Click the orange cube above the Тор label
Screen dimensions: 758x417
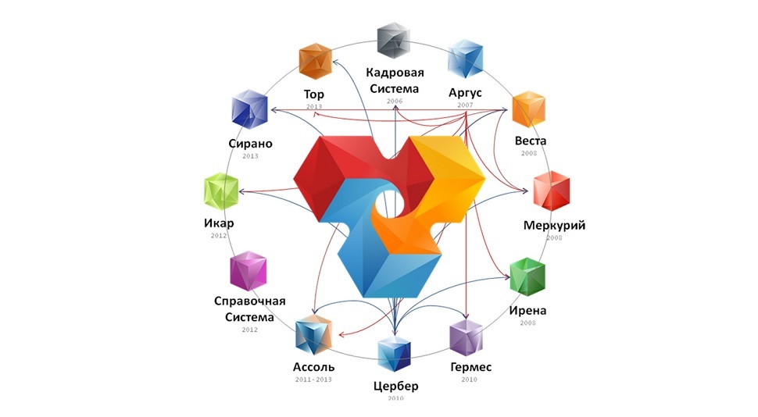[315, 62]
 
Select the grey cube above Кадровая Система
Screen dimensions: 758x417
[394, 41]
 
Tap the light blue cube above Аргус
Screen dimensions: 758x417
[466, 59]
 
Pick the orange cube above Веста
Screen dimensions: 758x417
[529, 109]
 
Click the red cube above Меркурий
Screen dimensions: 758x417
[552, 191]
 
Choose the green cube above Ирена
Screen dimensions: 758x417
[528, 277]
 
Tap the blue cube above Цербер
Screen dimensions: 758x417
[394, 355]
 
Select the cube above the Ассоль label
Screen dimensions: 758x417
[313, 335]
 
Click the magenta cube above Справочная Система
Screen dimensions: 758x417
[248, 271]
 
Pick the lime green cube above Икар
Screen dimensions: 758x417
[221, 191]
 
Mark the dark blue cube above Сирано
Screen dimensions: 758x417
[250, 109]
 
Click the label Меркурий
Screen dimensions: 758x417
[554, 226]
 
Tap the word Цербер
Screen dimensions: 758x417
[396, 387]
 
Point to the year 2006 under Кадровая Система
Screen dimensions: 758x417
[395, 102]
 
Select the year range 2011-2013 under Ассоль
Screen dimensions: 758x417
[313, 380]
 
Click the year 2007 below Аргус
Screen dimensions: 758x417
[465, 105]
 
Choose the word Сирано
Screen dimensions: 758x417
[250, 144]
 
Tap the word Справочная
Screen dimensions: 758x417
[250, 301]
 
